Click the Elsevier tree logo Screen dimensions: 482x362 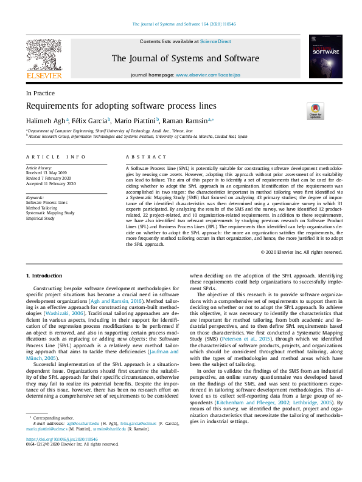(x=44, y=58)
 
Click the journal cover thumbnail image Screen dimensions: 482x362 (x=325, y=56)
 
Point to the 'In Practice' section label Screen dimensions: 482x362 (x=40, y=93)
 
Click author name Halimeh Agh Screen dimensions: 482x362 (x=46, y=121)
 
